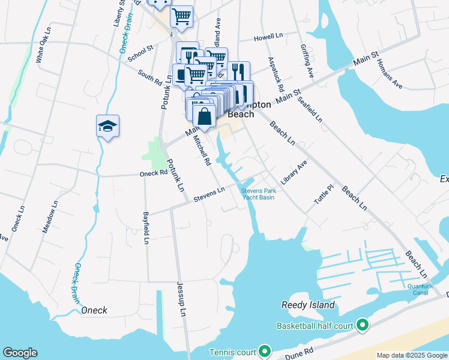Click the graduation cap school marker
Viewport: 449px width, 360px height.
pyautogui.click(x=108, y=126)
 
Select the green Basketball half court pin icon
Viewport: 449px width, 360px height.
pyautogui.click(x=362, y=326)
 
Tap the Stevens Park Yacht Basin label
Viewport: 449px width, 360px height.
pyautogui.click(x=258, y=194)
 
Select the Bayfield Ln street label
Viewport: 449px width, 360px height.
pyautogui.click(x=145, y=227)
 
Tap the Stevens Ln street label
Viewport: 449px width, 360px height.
pyautogui.click(x=208, y=194)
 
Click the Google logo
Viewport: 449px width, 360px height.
pyautogui.click(x=20, y=353)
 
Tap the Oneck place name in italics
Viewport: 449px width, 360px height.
pyautogui.click(x=94, y=310)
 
